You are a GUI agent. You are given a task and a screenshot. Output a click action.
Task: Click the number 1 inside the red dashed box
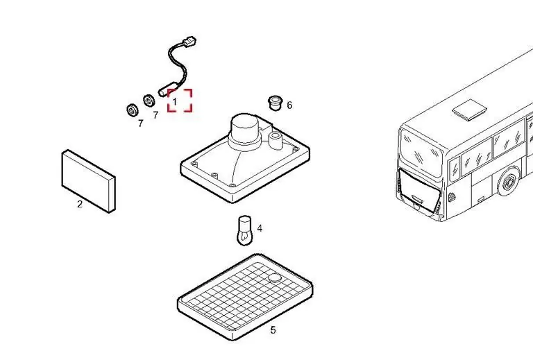(175, 101)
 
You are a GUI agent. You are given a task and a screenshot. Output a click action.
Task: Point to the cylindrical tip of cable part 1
(164, 90)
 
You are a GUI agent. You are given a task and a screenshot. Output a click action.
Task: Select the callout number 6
(289, 105)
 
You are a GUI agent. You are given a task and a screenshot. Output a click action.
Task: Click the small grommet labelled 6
(275, 103)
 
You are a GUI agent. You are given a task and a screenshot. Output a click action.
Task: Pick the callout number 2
(80, 204)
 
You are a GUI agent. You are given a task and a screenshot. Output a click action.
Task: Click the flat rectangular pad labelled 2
(88, 181)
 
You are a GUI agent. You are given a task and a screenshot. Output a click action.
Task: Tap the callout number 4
(260, 228)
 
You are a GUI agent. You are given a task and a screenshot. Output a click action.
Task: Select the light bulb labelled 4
(244, 230)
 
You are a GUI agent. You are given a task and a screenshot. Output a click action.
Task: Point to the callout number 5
(273, 329)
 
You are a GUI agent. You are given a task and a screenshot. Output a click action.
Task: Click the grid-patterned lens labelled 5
(245, 297)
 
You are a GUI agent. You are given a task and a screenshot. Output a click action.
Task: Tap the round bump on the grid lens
(275, 278)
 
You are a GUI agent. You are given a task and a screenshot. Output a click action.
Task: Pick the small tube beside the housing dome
(275, 140)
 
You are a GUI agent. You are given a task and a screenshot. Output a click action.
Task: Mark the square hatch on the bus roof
(469, 110)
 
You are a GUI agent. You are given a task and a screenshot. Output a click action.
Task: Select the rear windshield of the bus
(421, 152)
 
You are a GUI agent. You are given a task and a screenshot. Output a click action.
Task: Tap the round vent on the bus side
(452, 197)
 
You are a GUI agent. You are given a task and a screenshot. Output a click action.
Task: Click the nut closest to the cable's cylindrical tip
(149, 101)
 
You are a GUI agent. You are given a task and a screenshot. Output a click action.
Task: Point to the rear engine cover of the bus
(419, 190)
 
